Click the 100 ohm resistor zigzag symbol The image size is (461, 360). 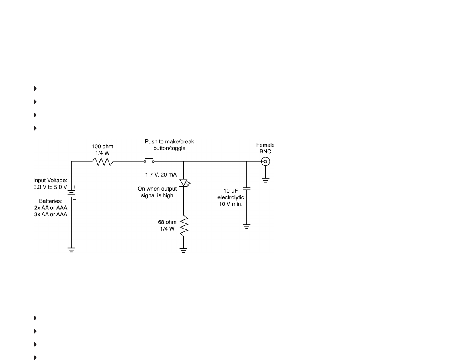point(103,162)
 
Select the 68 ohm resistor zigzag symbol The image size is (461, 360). point(183,226)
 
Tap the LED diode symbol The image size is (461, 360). point(183,183)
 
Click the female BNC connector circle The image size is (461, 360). point(265,162)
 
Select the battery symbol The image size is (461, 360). point(71,194)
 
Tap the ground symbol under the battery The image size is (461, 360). point(71,249)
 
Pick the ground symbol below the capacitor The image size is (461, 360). point(247,227)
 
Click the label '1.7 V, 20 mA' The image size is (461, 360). point(161,175)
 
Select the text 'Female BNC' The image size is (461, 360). point(265,148)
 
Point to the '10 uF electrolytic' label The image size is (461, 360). point(234,194)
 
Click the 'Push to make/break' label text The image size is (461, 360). point(169,142)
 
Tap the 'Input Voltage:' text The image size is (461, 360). point(50,181)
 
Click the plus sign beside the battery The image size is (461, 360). point(74,187)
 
